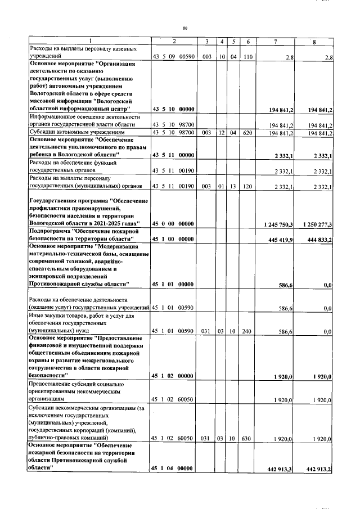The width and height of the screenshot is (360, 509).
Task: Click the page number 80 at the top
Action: (x=184, y=28)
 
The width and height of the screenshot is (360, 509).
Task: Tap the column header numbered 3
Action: (x=207, y=42)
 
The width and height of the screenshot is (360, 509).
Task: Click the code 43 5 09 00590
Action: (x=173, y=57)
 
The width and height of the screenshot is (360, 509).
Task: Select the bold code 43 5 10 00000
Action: (x=173, y=108)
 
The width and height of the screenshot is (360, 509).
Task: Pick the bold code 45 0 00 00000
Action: (x=173, y=224)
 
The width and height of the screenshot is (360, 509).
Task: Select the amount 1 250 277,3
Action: (x=317, y=224)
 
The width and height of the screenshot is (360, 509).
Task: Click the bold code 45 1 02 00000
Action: (x=173, y=376)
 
